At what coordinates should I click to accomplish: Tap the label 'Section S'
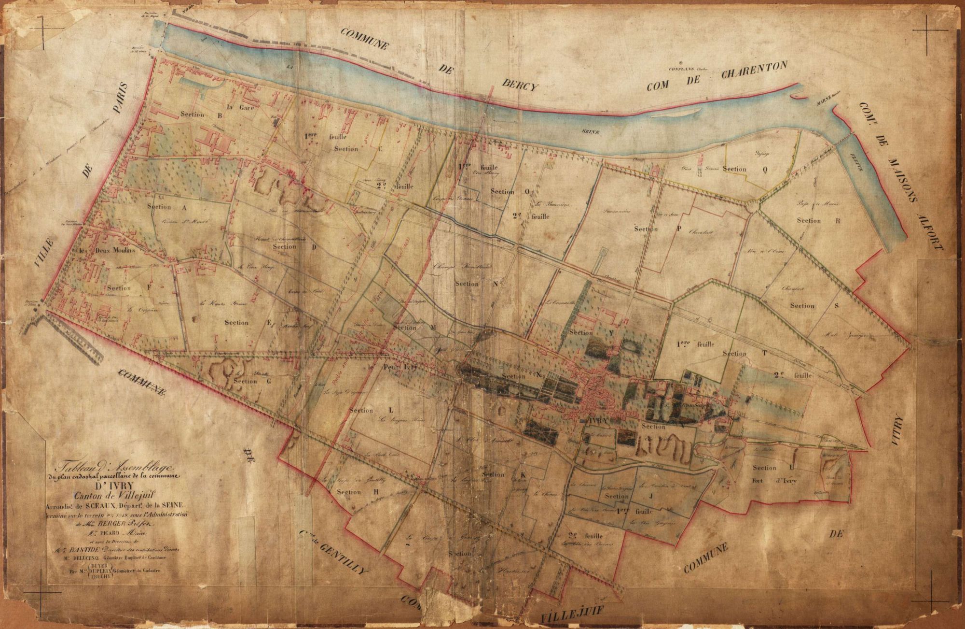(x=814, y=306)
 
